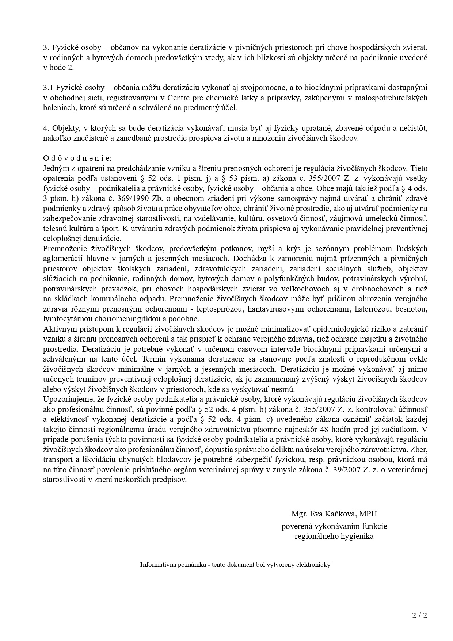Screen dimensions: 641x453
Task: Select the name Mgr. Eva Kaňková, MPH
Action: (334, 514)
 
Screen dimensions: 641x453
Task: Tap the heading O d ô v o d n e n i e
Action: (77, 158)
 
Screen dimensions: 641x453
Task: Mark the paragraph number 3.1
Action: (48, 88)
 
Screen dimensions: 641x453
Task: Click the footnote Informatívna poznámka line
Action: (235, 565)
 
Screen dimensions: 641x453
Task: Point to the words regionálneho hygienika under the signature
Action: (334, 537)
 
